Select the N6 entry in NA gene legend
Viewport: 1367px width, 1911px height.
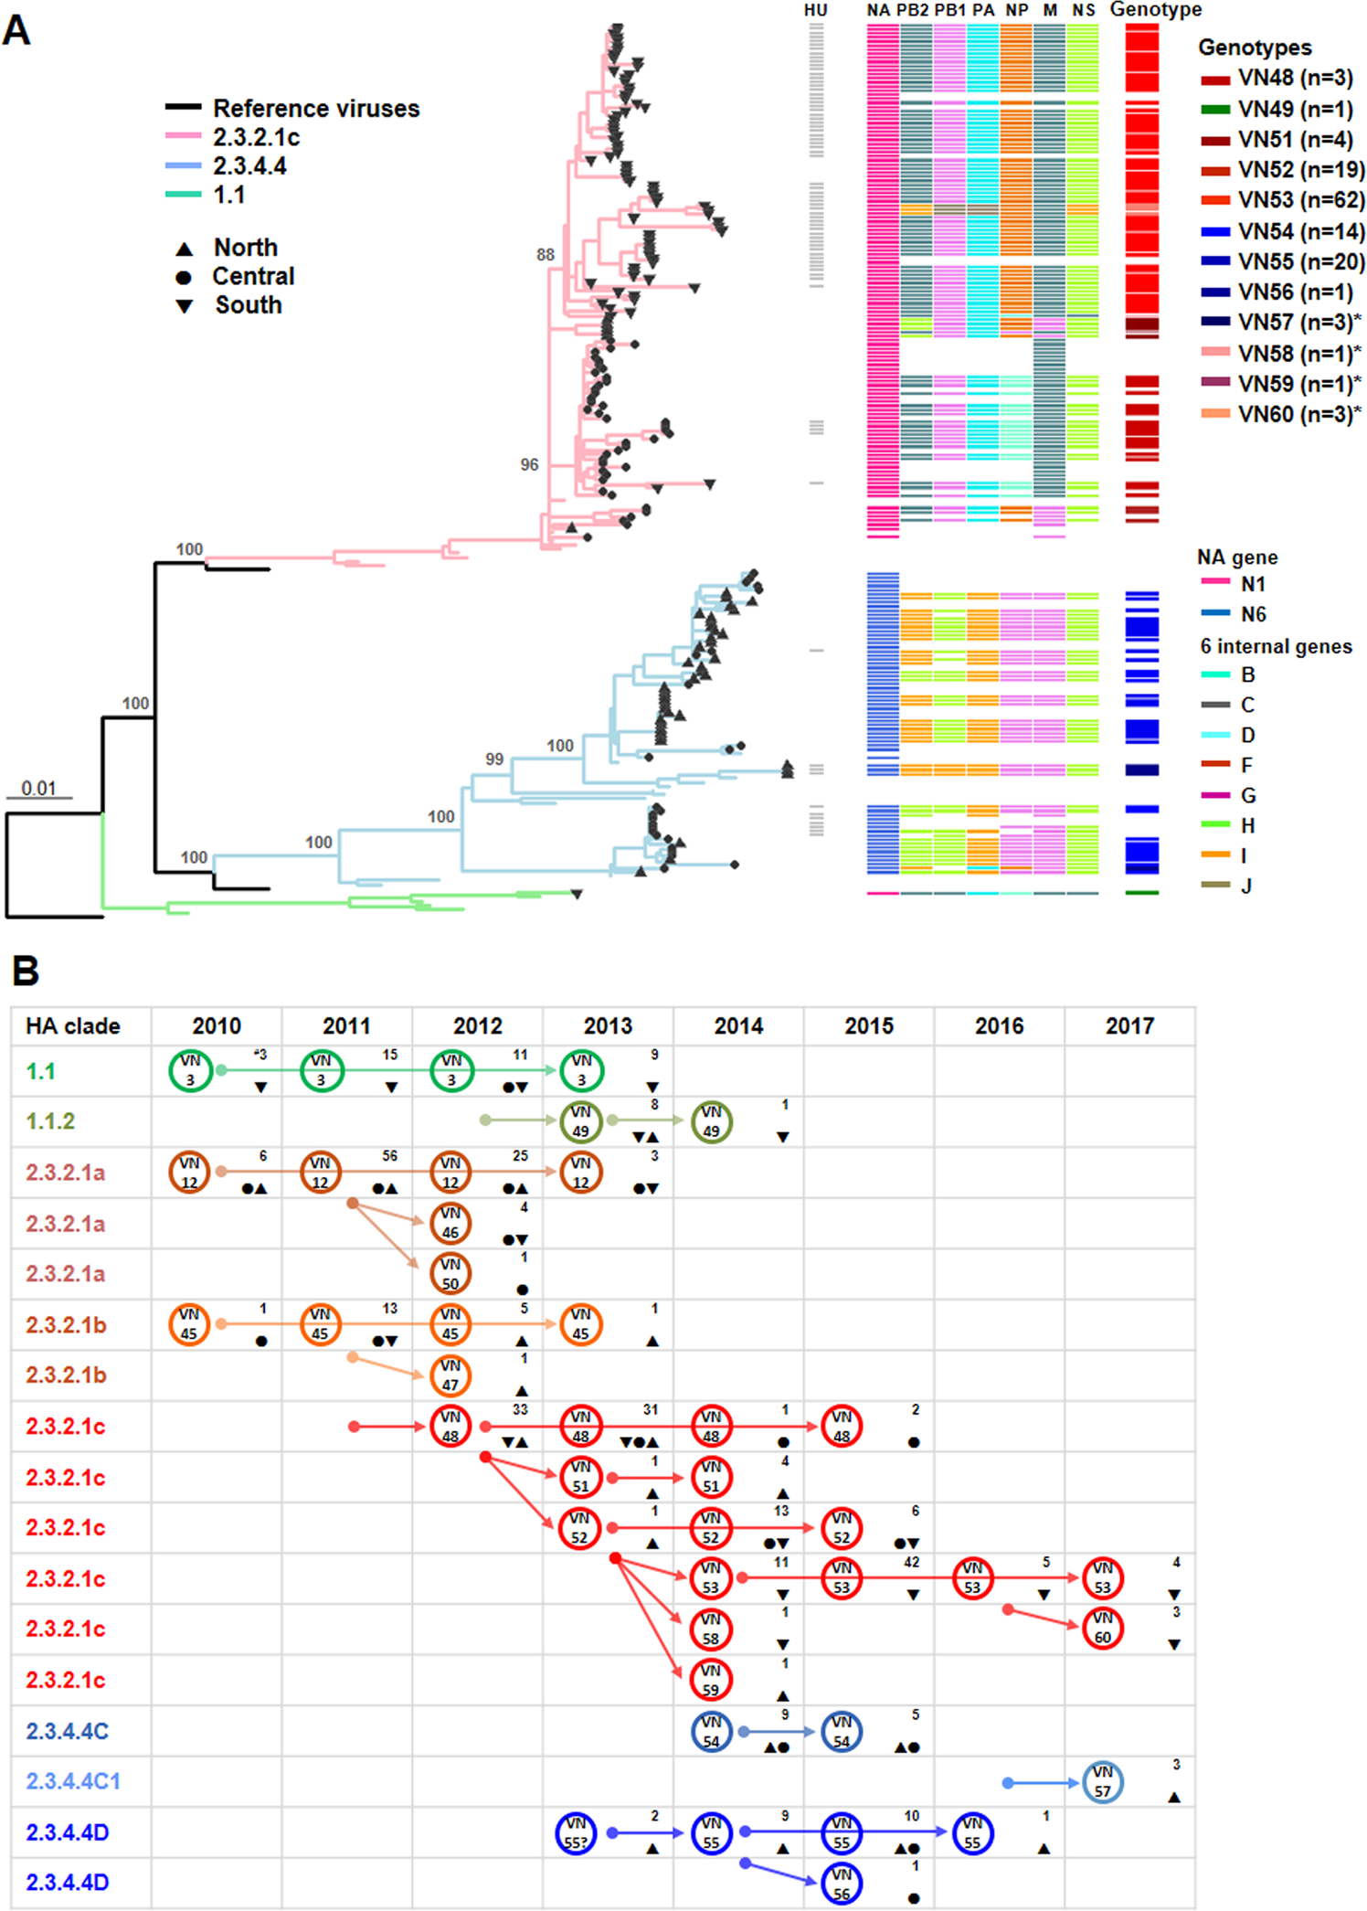[x=1252, y=614]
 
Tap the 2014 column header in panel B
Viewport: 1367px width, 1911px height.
[x=738, y=1025]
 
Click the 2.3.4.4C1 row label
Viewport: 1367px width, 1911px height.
[x=73, y=1781]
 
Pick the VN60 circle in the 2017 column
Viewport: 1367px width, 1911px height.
[x=1103, y=1628]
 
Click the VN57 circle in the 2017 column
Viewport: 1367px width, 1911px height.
[x=1103, y=1781]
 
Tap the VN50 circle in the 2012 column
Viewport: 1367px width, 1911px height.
[x=450, y=1273]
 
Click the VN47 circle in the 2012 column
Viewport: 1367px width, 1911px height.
[x=450, y=1375]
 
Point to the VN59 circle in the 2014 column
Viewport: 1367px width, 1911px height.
[x=711, y=1679]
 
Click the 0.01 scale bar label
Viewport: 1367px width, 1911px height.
[x=38, y=788]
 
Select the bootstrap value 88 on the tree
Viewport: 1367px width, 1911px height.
[x=546, y=254]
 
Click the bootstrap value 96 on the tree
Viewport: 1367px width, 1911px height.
[x=529, y=464]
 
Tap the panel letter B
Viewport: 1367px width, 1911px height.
[x=26, y=971]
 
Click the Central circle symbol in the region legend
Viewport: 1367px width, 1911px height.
[x=184, y=277]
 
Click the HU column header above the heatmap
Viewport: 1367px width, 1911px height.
[x=815, y=10]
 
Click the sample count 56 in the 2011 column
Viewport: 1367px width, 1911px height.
[x=390, y=1156]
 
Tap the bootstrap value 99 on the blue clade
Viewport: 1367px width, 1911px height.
[x=494, y=759]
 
